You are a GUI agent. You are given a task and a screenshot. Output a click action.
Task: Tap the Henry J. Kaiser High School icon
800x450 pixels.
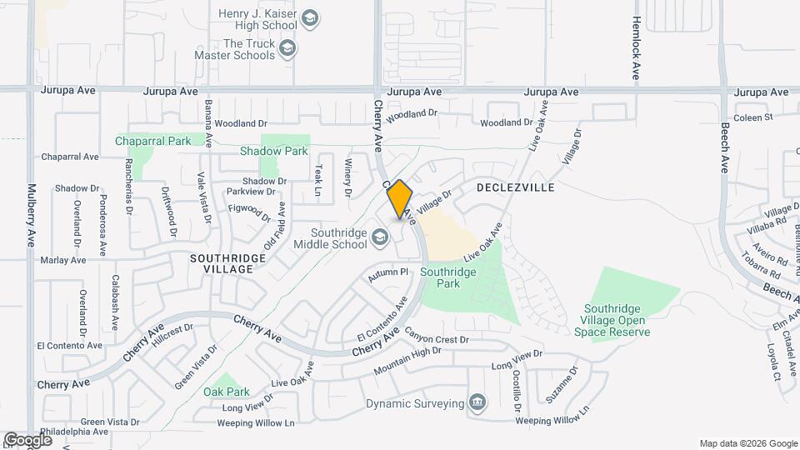310,19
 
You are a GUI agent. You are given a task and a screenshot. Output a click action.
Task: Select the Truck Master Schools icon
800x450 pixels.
287,49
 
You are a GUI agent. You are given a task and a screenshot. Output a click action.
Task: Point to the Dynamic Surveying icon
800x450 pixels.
477,404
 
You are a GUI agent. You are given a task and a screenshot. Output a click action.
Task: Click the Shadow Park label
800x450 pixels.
274,151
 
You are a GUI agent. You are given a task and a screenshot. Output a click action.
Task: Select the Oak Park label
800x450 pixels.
227,391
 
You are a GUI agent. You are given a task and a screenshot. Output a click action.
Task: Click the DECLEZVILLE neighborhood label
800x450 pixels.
516,187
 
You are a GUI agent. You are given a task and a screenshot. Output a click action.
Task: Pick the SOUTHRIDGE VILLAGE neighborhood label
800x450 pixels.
227,263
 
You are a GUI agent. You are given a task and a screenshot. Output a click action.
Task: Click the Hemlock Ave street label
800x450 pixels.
636,48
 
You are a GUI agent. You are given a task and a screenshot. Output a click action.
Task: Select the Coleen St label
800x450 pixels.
754,117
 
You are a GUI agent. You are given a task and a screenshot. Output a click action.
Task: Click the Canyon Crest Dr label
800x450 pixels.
437,339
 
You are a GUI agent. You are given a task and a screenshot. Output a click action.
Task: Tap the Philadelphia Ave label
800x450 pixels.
72,432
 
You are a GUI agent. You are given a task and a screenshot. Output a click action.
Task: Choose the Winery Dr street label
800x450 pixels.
349,177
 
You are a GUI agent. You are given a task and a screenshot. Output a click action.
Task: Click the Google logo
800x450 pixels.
27,439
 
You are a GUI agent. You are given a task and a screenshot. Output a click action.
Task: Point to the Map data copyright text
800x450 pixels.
747,443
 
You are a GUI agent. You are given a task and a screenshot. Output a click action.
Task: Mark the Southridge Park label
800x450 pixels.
448,277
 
